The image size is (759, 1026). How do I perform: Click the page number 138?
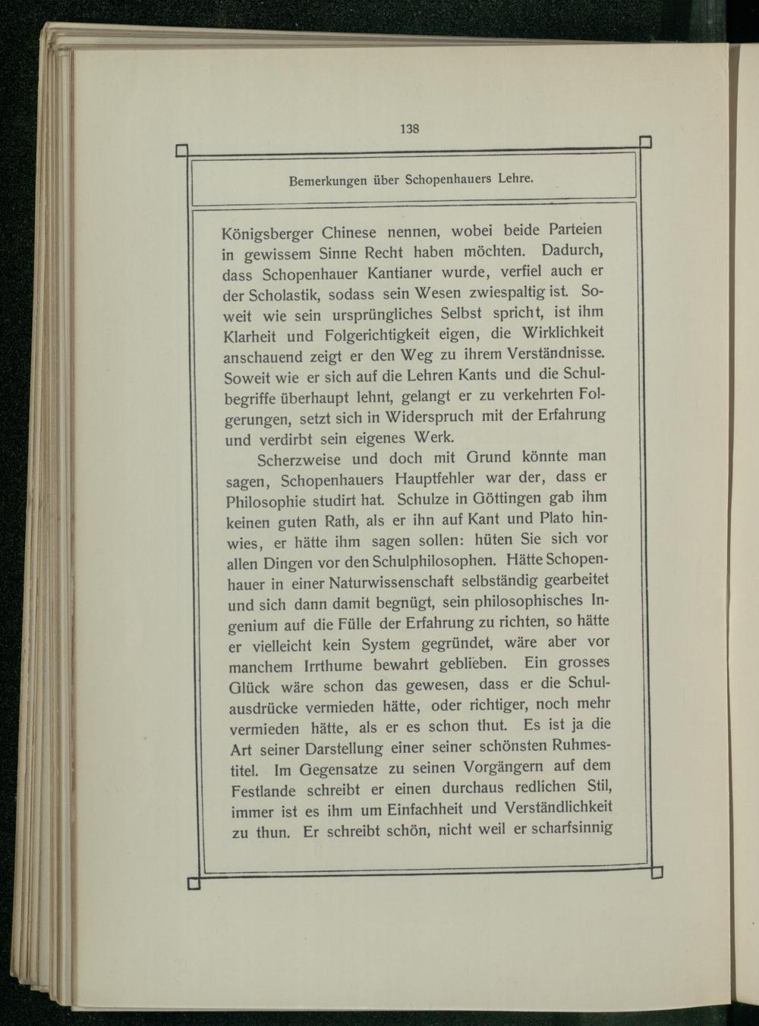pos(410,128)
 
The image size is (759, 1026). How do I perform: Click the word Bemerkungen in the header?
pos(325,181)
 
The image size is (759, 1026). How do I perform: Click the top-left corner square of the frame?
pos(182,151)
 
